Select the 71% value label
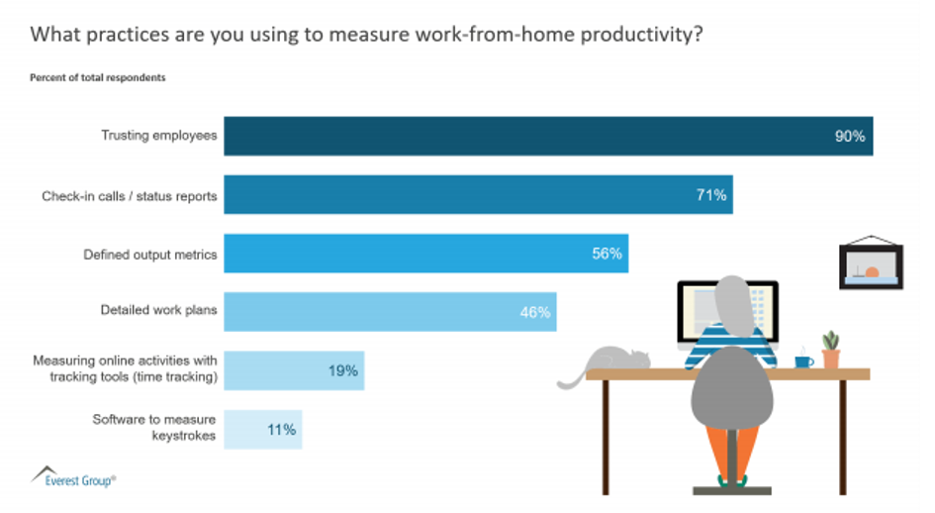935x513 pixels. pyautogui.click(x=710, y=195)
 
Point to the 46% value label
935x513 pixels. pyautogui.click(x=535, y=312)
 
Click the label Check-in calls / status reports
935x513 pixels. pyautogui.click(x=129, y=196)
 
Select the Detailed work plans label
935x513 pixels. pyautogui.click(x=158, y=311)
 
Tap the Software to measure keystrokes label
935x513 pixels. pyautogui.click(x=154, y=428)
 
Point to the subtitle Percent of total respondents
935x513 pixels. pyautogui.click(x=97, y=77)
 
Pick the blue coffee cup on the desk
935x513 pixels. pyautogui.click(x=802, y=361)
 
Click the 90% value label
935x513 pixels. pyautogui.click(x=849, y=137)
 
